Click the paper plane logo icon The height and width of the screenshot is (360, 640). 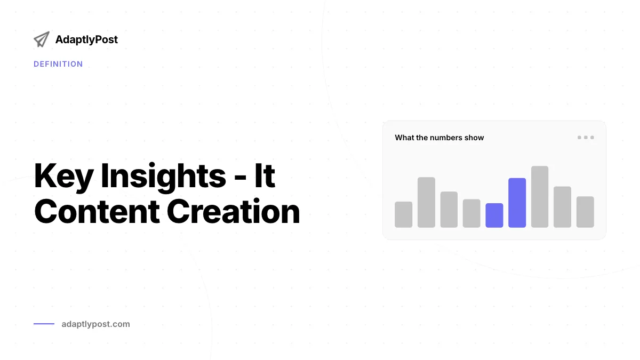tap(42, 39)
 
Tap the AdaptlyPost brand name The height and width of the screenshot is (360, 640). tap(86, 39)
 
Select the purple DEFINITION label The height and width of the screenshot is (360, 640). tap(58, 64)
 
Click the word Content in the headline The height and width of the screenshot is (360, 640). tap(97, 211)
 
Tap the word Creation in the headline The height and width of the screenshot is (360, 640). tap(233, 211)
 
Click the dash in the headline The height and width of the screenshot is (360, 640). tap(240, 178)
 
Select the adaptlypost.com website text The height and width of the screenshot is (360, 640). tap(95, 324)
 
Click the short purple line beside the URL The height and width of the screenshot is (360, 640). tap(44, 324)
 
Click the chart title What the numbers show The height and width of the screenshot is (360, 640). tap(439, 138)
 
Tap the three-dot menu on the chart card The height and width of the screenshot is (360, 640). tap(586, 138)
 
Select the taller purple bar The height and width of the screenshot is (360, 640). tap(517, 203)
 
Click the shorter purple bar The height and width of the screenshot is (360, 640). tap(494, 215)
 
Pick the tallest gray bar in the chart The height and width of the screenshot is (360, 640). tap(540, 197)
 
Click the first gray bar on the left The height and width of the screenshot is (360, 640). tap(403, 214)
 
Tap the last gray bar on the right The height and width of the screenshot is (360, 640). tap(585, 212)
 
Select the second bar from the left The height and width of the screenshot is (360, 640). tap(426, 202)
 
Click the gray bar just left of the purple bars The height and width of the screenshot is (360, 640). tap(471, 213)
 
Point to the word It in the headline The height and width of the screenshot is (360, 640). tap(265, 175)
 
